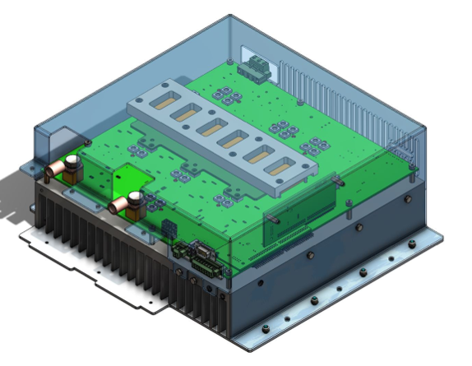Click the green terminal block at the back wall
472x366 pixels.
pos(255,70)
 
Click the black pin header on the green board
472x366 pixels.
pos(169,228)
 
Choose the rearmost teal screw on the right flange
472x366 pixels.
pos(411,242)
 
